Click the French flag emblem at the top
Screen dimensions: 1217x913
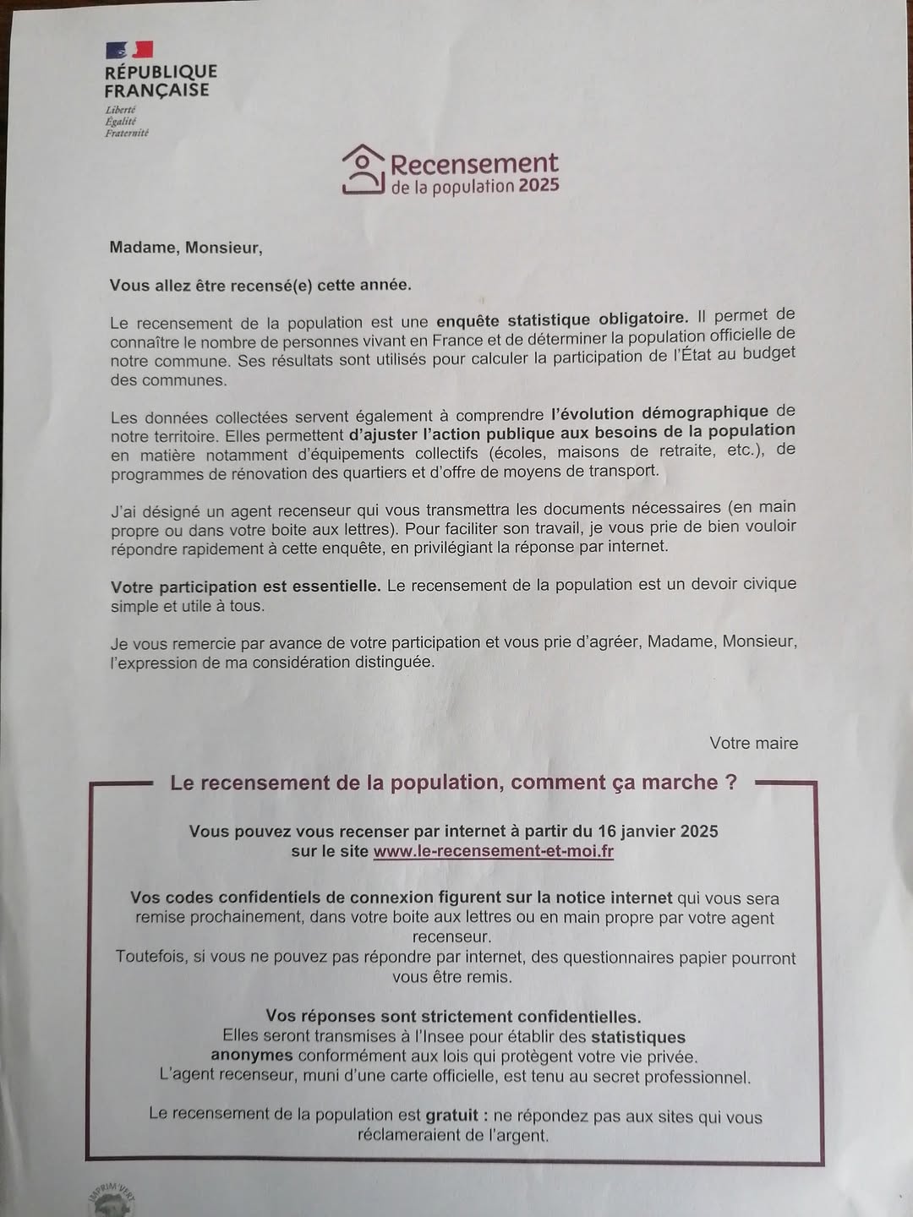click(x=129, y=50)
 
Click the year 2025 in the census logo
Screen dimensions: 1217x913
click(x=539, y=185)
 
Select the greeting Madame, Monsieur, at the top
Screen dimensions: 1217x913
click(x=186, y=248)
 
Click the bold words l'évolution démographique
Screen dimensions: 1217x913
click(x=659, y=412)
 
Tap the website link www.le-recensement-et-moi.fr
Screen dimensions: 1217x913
click(x=493, y=851)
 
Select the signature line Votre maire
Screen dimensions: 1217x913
click(x=753, y=743)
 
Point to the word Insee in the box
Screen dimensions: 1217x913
click(x=396, y=1036)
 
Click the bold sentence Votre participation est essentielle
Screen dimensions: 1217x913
click(x=245, y=586)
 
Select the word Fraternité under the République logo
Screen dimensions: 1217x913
click(x=127, y=133)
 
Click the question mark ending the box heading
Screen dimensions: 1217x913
click(x=731, y=782)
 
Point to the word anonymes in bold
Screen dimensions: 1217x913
click(x=251, y=1056)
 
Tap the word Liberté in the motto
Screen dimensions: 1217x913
click(x=120, y=110)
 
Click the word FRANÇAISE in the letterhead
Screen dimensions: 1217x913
click(x=156, y=90)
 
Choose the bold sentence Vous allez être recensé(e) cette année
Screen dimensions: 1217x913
click(x=260, y=285)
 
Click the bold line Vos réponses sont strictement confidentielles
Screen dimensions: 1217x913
click(x=453, y=1016)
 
